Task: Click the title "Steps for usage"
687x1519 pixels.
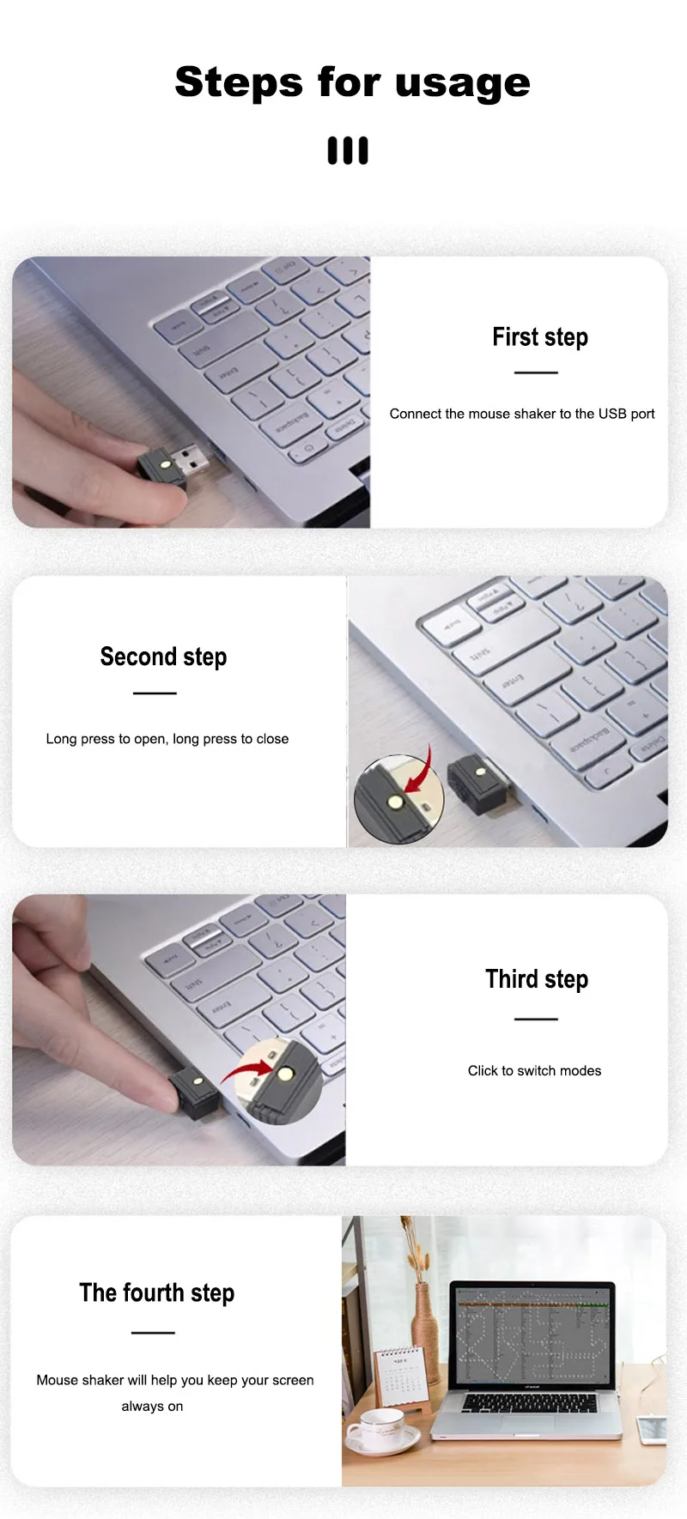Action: click(x=352, y=82)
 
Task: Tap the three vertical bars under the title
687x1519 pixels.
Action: click(x=348, y=150)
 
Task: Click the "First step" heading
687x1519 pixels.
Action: click(x=539, y=337)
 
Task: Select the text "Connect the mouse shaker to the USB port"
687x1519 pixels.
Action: click(x=521, y=414)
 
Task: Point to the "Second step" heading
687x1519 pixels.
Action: click(x=163, y=657)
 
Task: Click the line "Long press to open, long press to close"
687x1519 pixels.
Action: click(x=167, y=739)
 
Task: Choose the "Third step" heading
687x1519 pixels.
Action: click(x=536, y=979)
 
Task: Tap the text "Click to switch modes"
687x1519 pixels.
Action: click(x=534, y=1071)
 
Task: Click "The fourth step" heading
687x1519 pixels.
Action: click(x=156, y=1293)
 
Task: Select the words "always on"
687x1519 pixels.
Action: click(x=152, y=1407)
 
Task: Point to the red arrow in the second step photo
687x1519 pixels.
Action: click(x=421, y=775)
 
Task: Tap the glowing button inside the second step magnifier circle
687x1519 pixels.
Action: click(x=395, y=802)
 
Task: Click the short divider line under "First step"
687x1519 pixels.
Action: click(x=536, y=372)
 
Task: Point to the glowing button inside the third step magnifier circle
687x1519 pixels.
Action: click(x=284, y=1073)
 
